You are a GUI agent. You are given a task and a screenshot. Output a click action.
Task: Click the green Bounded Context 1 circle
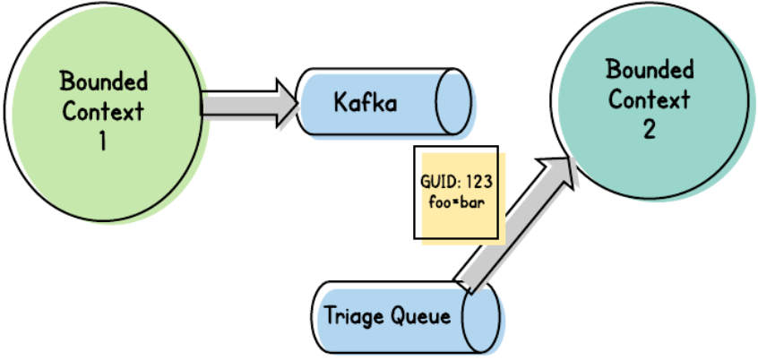tap(103, 111)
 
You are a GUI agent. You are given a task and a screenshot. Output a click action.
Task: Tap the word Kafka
tap(366, 102)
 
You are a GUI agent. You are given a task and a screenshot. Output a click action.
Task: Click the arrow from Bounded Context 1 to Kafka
tap(249, 104)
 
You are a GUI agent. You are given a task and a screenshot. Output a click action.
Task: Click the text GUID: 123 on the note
tap(456, 182)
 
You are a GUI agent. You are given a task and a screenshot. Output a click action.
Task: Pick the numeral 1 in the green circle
tap(102, 141)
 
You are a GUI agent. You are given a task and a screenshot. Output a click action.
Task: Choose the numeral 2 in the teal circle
tap(649, 130)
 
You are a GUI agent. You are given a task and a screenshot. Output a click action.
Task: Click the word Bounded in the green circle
tap(104, 81)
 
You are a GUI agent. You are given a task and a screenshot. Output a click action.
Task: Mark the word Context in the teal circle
tap(650, 100)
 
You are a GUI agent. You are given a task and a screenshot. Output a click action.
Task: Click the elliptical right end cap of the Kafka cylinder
tap(453, 101)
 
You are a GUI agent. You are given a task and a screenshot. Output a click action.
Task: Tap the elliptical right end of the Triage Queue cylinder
tap(481, 316)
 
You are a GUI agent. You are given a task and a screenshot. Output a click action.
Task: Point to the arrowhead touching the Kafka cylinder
tap(287, 104)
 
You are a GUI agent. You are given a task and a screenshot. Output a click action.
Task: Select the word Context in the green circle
tap(103, 112)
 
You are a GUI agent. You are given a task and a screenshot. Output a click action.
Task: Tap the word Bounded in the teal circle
tap(650, 71)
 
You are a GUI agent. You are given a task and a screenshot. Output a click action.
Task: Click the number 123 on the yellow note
tap(479, 182)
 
